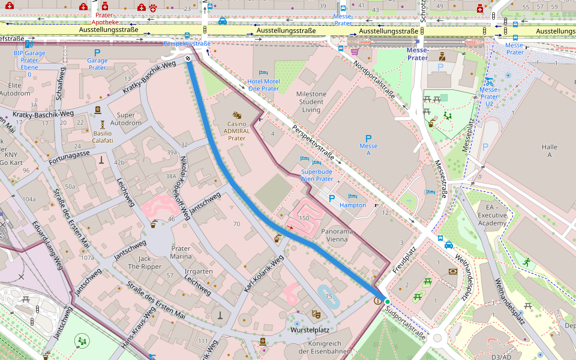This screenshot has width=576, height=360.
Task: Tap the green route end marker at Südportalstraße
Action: pyautogui.click(x=387, y=301)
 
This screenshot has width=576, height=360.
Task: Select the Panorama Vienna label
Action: pyautogui.click(x=337, y=235)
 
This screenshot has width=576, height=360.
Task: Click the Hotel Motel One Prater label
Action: pyautogui.click(x=263, y=85)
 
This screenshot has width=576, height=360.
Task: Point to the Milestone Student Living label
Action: pyautogui.click(x=311, y=102)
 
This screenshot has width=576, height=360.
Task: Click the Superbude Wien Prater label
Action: pyautogui.click(x=317, y=175)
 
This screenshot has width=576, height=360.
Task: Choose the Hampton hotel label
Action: pyautogui.click(x=353, y=205)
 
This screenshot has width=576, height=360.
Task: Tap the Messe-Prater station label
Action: pyautogui.click(x=418, y=55)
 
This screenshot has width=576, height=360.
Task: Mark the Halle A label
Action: pyautogui.click(x=549, y=151)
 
